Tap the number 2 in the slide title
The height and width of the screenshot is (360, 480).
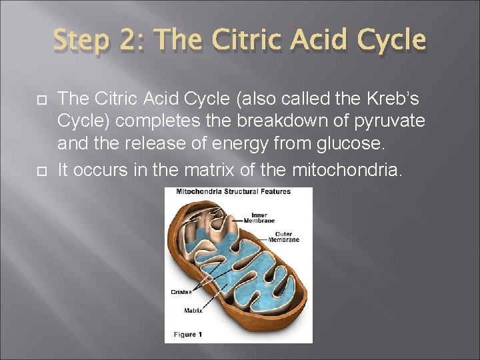coord(144,40)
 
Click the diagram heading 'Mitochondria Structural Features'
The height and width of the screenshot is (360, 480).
coord(233,192)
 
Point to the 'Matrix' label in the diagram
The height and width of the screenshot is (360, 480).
coord(193,310)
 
